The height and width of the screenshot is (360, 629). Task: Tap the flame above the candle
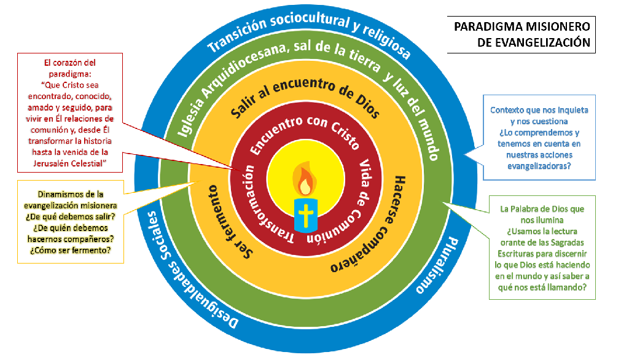click(x=304, y=179)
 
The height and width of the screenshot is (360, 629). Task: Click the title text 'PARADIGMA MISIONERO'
click(x=522, y=27)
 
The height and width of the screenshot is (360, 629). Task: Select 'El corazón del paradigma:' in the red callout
click(x=70, y=68)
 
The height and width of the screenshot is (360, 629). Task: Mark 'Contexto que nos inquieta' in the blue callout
click(x=539, y=111)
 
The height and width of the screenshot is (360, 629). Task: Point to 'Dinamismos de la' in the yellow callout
click(x=70, y=194)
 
